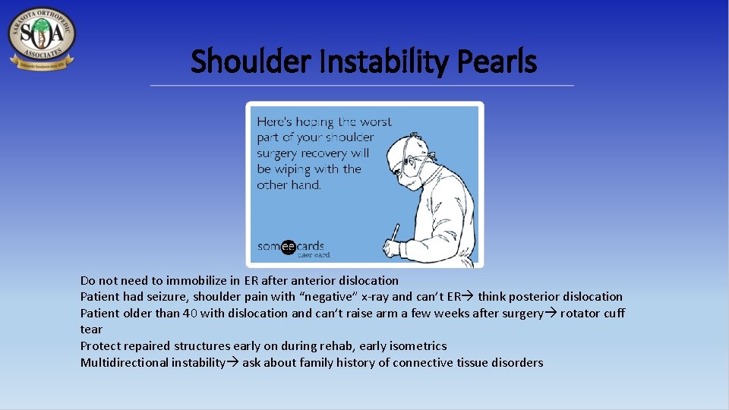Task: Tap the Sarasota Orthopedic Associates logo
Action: tap(41, 39)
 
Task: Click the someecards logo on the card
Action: tap(291, 247)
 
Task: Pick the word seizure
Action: tap(173, 297)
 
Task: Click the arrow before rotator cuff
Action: tap(551, 313)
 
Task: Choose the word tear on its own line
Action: tap(91, 330)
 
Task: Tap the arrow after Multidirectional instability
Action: tap(233, 362)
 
